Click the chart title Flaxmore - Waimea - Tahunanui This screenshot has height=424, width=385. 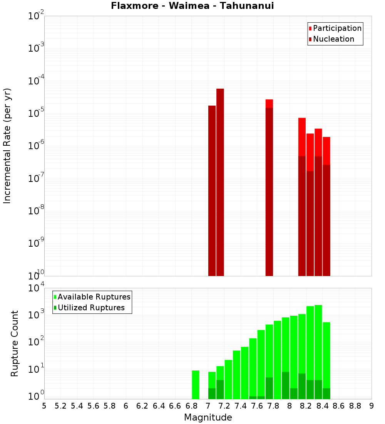(x=192, y=6)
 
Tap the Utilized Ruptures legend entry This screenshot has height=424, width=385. (x=91, y=308)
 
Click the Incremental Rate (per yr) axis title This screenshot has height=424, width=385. (x=7, y=146)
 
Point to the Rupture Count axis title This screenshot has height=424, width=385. (x=15, y=343)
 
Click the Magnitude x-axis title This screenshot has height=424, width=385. (x=208, y=417)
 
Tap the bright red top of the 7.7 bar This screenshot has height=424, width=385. (x=269, y=103)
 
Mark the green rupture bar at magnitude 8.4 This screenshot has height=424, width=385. (x=326, y=355)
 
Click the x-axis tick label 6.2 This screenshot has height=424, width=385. (x=142, y=406)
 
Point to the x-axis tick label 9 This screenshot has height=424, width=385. (x=372, y=406)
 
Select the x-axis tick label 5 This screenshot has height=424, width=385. (x=44, y=406)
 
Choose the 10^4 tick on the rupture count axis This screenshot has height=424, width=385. (x=37, y=288)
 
